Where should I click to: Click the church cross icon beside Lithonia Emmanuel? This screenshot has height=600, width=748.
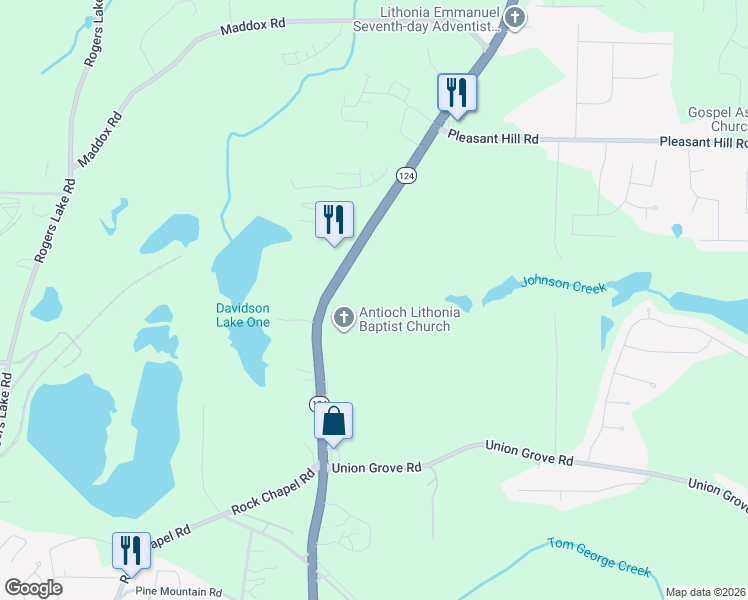[514, 17]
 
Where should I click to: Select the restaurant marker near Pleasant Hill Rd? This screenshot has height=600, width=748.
[456, 93]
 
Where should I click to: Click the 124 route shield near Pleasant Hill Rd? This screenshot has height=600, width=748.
[405, 175]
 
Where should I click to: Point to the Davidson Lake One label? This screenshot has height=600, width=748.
[243, 315]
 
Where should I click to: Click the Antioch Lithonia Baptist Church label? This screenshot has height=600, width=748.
[410, 319]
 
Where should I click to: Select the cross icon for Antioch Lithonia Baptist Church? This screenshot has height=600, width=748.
[342, 318]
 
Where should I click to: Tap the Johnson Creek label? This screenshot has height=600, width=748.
[564, 285]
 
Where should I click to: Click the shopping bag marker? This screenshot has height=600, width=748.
[334, 420]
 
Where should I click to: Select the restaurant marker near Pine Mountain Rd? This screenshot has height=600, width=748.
[131, 549]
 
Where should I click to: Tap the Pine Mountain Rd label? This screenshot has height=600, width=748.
[179, 592]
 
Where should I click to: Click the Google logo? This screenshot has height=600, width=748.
[33, 588]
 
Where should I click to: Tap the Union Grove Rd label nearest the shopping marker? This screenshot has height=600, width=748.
[377, 467]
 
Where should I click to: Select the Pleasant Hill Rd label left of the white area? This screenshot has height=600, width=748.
[493, 138]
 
